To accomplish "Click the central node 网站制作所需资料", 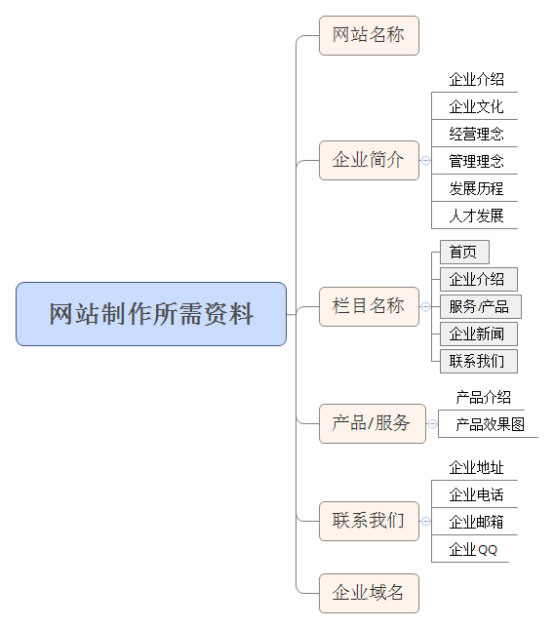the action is (151, 314).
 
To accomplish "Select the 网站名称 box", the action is (369, 35).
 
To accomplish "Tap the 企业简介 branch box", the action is (369, 161).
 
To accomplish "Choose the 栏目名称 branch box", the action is (369, 306).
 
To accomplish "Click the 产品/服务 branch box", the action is (373, 423).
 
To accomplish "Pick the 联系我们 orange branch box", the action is (369, 521).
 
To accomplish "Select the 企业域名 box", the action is (369, 593).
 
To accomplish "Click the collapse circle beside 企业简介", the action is (425, 161).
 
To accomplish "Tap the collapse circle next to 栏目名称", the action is (425, 306).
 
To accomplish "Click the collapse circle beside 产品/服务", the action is (432, 423).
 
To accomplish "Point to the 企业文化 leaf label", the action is (476, 106).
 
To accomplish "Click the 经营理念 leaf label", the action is (476, 134).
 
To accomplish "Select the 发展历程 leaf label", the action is (476, 188).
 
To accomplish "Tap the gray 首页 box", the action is (464, 252).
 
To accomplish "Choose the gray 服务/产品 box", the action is (481, 306).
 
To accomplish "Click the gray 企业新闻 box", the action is (479, 334).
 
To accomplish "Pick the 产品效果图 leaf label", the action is (491, 424).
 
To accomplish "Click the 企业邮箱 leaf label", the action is (476, 522).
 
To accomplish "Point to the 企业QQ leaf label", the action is (473, 549).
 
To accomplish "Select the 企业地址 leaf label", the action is (476, 467).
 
